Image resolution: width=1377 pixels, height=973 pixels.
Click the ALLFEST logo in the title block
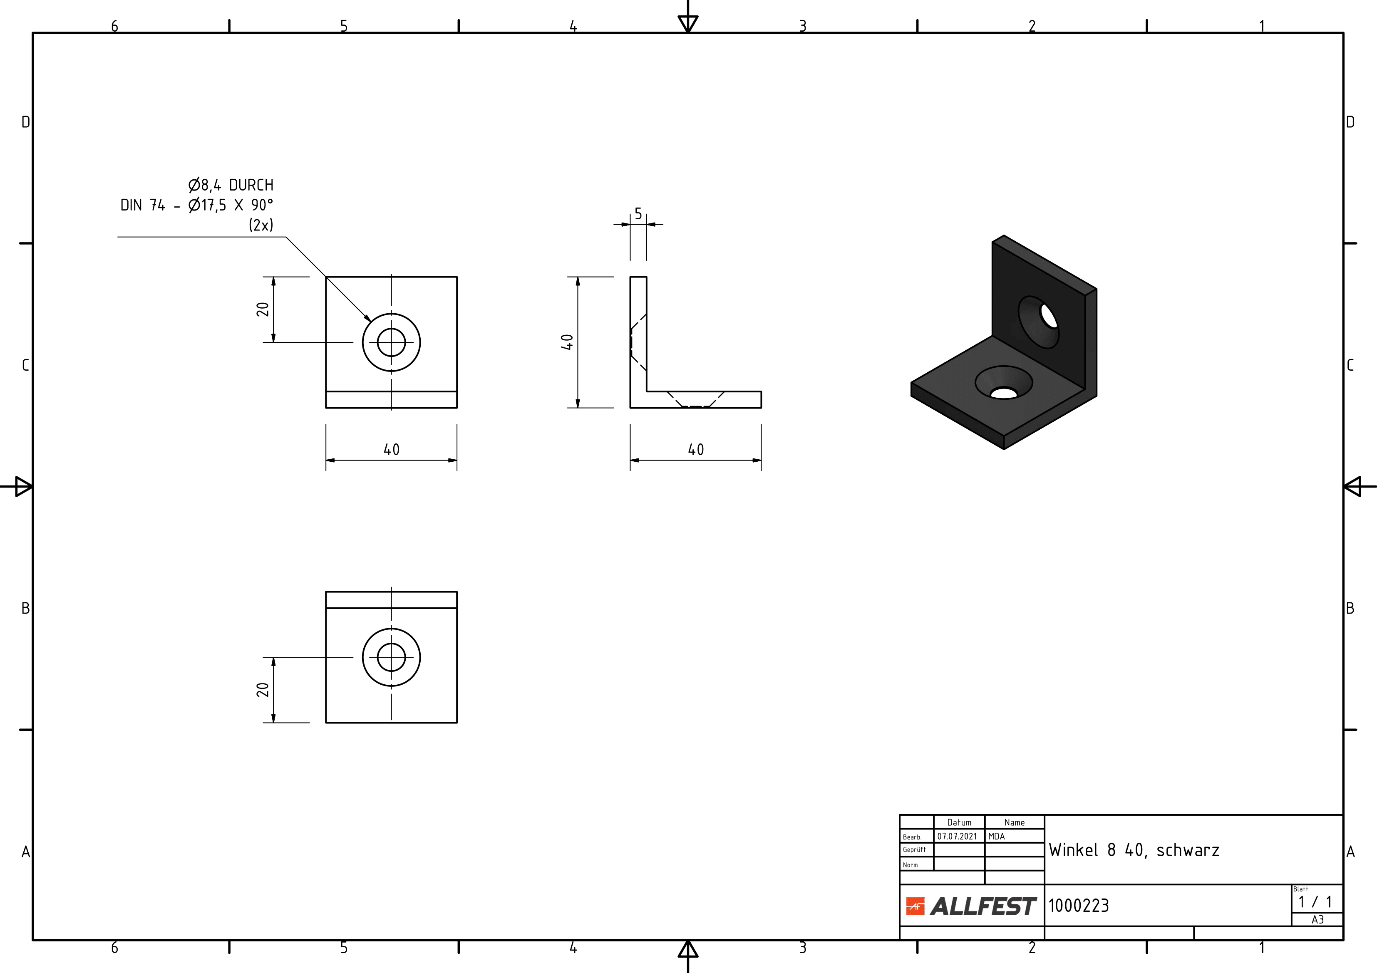click(971, 906)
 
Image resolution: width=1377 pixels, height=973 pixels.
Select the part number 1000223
click(1078, 905)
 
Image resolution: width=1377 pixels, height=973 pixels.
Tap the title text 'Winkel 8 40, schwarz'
click(1134, 850)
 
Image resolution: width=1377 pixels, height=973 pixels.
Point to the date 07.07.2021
click(957, 836)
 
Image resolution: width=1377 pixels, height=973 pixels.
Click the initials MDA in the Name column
click(996, 836)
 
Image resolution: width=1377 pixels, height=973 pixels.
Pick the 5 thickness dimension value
click(638, 213)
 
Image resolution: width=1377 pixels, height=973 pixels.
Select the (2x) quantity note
click(261, 225)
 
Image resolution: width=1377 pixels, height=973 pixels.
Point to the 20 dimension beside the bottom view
click(263, 689)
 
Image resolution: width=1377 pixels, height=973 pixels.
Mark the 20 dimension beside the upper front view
click(263, 309)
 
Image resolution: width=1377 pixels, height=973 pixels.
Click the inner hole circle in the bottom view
click(391, 657)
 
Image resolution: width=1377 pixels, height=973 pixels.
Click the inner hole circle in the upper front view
click(391, 342)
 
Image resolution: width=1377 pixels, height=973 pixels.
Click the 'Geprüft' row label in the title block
click(914, 849)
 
